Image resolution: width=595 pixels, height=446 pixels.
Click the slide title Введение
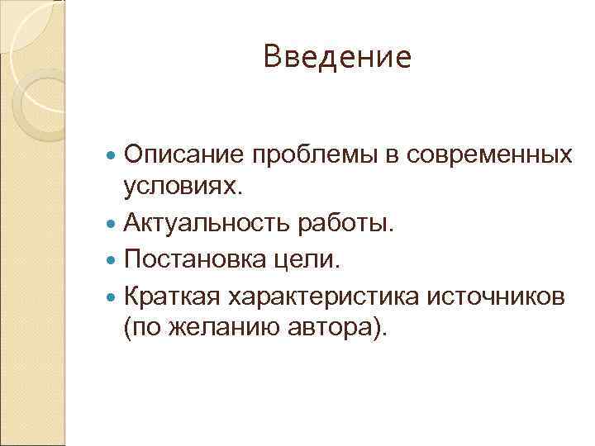pos(336,57)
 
